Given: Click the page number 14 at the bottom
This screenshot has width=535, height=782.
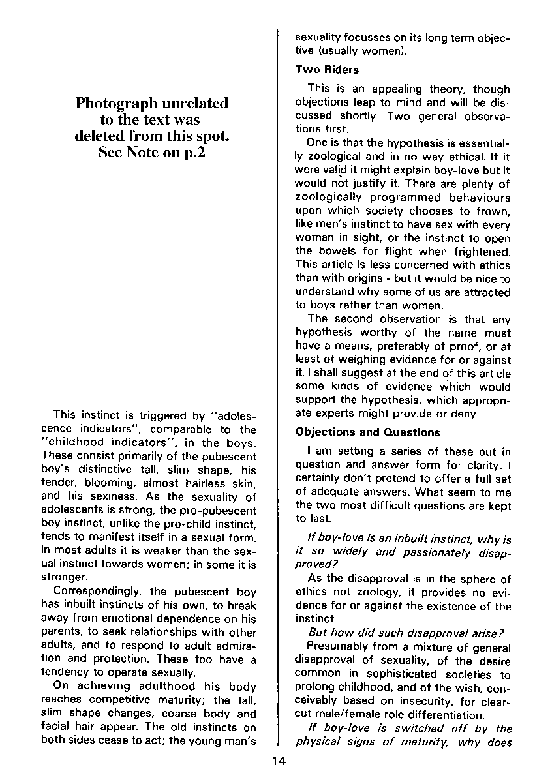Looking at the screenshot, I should tap(279, 759).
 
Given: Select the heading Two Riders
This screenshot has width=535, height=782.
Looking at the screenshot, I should tap(327, 69).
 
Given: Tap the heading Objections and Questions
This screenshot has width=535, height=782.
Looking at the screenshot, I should tap(368, 432).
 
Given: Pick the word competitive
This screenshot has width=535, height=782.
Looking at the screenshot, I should tap(116, 701).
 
